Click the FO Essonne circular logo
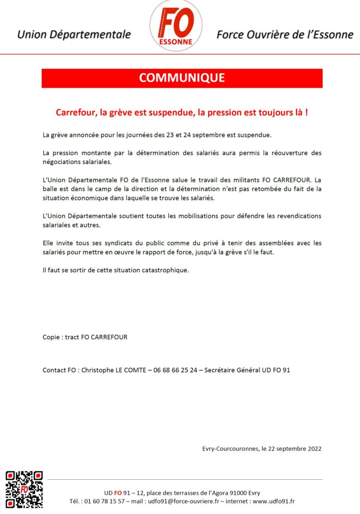click(x=176, y=25)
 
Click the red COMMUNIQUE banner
click(x=182, y=78)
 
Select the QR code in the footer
click(x=24, y=490)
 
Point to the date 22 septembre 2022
click(x=294, y=448)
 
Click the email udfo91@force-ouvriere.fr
click(x=184, y=501)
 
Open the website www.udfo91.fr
click(x=274, y=501)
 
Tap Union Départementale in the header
click(x=74, y=34)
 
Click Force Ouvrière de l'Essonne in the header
click(x=285, y=34)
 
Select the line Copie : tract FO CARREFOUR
click(x=85, y=337)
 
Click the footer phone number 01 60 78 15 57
click(x=103, y=501)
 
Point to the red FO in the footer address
click(x=118, y=493)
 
